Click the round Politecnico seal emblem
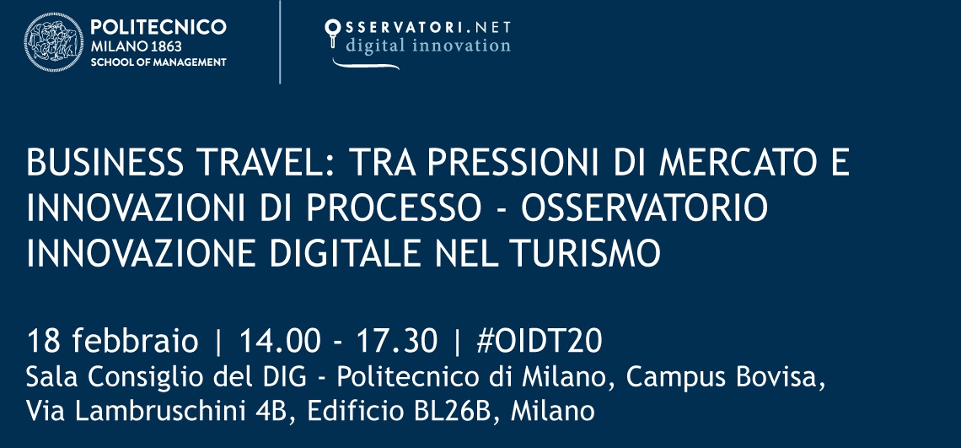pyautogui.click(x=54, y=42)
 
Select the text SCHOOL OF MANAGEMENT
pyautogui.click(x=158, y=62)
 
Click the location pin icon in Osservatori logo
pyautogui.click(x=333, y=31)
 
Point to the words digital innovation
pyautogui.click(x=428, y=46)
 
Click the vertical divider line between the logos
pyautogui.click(x=280, y=42)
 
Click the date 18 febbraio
pyautogui.click(x=113, y=343)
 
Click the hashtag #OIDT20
pyautogui.click(x=540, y=343)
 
